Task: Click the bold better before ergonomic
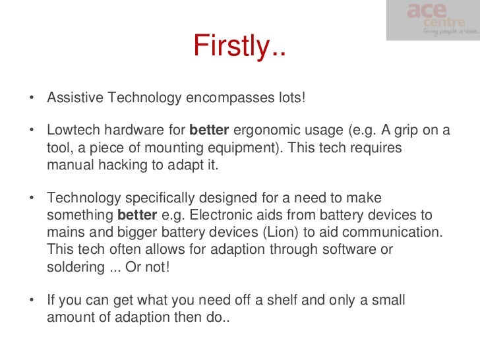click(208, 130)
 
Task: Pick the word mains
click(66, 232)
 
